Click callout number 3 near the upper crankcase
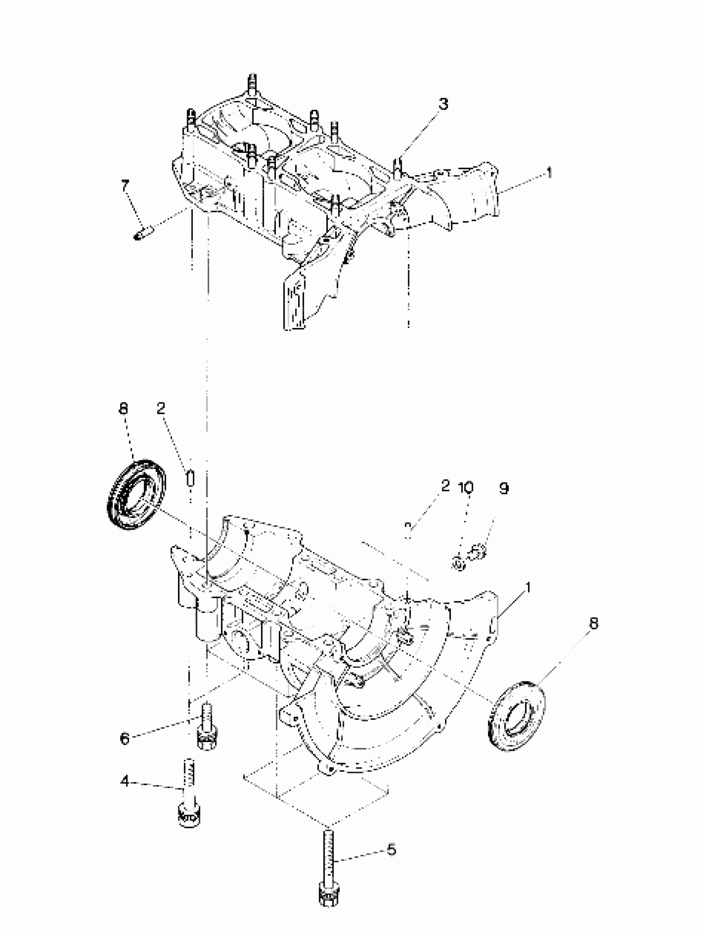tap(443, 104)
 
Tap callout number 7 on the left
tap(125, 186)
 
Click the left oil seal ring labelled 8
tap(136, 494)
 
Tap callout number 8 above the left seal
tap(123, 409)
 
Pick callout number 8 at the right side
tap(594, 624)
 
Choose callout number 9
tap(503, 489)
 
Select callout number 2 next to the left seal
tap(161, 408)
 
